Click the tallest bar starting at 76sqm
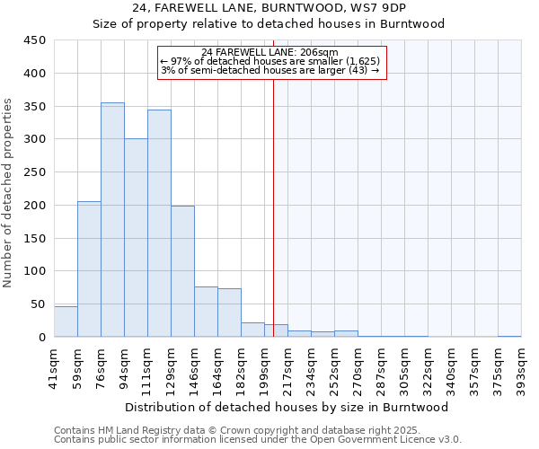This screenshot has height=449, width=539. pyautogui.click(x=112, y=220)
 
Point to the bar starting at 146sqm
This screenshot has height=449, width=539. pyautogui.click(x=206, y=312)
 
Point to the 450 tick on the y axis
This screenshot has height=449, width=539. pyautogui.click(x=35, y=40)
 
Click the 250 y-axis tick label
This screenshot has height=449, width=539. pyautogui.click(x=35, y=172)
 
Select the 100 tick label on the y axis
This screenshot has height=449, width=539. pyautogui.click(x=35, y=271)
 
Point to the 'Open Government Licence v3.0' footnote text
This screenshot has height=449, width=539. pyautogui.click(x=386, y=439)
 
